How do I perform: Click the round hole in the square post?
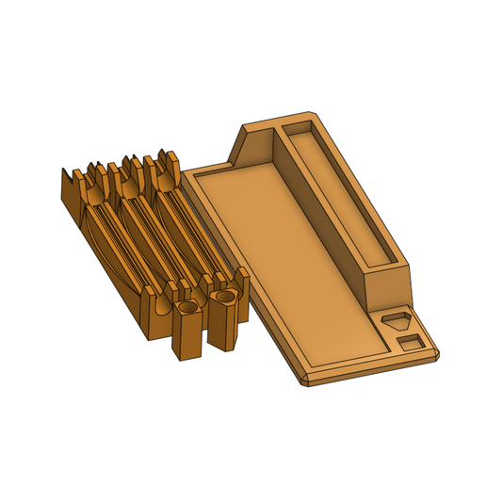click(187, 308)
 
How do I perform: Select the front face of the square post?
click(187, 339)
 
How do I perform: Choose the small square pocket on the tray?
click(410, 341)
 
